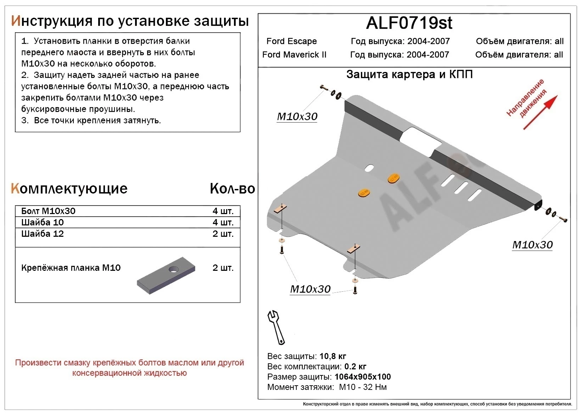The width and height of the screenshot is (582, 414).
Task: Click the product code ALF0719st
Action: tap(409, 23)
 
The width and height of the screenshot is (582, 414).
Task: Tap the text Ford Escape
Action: tap(291, 41)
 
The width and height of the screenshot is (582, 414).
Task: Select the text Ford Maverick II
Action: tap(294, 55)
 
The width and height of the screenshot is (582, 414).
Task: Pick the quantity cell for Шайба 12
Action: tap(223, 234)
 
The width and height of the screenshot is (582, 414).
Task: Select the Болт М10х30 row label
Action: tap(48, 211)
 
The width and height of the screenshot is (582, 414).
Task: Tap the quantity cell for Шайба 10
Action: tap(223, 222)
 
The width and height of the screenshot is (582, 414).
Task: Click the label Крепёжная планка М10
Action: tap(71, 268)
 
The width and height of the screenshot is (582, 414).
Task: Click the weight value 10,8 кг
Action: tap(332, 356)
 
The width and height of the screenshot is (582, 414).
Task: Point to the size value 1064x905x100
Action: tap(363, 377)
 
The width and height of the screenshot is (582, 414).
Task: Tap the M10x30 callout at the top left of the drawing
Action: tap(297, 116)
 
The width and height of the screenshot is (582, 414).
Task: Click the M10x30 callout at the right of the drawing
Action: tap(532, 245)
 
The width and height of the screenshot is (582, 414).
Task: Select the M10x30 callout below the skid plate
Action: tap(310, 289)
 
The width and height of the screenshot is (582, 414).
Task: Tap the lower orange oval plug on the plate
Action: tap(364, 192)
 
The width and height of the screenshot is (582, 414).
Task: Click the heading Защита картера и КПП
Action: tap(409, 74)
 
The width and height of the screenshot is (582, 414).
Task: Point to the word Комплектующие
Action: tap(69, 189)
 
